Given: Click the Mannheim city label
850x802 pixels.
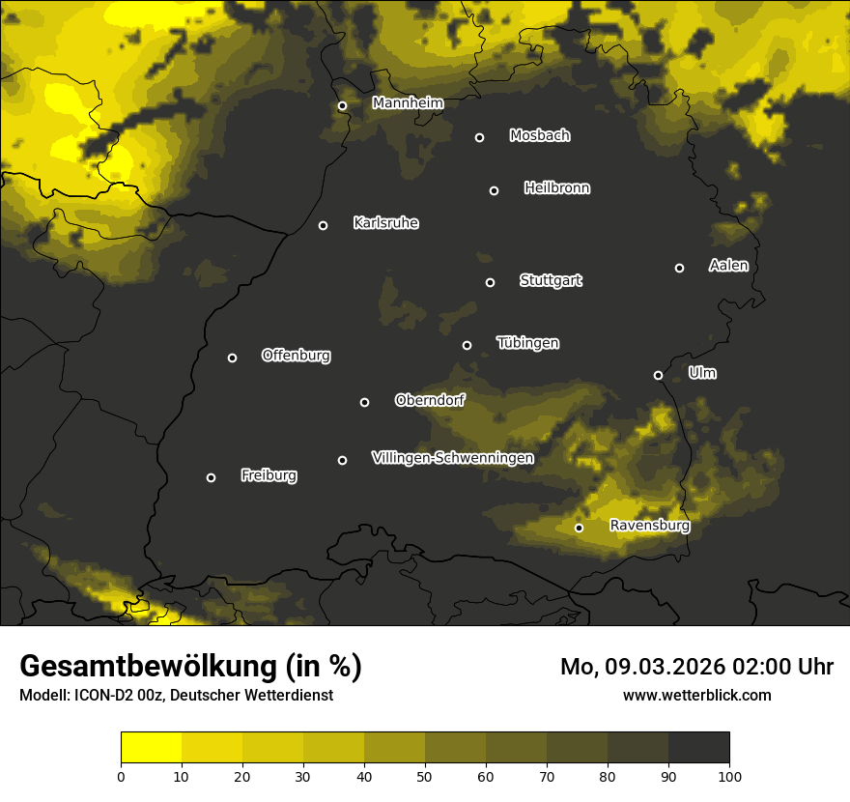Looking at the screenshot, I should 407,103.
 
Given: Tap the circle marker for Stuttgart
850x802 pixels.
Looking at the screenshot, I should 490,282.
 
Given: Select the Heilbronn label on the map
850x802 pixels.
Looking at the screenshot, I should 556,187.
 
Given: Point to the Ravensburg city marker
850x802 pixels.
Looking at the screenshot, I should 579,528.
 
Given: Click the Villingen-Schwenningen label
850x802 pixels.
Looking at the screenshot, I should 452,458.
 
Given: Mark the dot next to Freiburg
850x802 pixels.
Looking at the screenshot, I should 211,477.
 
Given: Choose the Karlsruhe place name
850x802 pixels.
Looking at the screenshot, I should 385,222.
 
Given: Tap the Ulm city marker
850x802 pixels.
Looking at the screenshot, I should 658,375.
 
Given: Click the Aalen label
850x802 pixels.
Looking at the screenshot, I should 728,265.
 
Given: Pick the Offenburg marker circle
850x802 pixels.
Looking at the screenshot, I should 232,358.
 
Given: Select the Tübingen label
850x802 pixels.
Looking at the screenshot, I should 527,342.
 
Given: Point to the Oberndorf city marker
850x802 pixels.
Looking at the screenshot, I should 364,402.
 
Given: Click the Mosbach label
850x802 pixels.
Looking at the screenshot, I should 539,135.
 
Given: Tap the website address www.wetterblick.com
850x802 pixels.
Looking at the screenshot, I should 696,695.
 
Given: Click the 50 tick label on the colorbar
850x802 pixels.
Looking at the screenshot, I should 425,776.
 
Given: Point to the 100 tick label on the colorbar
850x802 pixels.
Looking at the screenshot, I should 729,776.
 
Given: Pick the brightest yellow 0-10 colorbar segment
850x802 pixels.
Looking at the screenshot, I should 151,747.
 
